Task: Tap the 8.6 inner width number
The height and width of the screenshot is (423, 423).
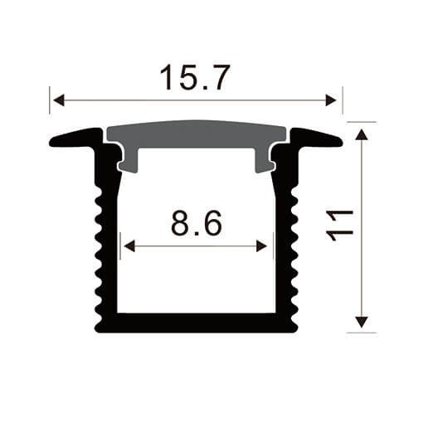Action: point(197,223)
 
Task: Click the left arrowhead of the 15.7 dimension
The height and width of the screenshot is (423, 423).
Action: point(57,101)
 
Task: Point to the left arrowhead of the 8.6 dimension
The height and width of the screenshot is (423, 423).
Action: point(127,246)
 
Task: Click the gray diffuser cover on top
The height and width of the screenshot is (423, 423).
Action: point(197,135)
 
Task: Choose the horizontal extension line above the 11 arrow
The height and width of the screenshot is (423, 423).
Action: point(361,122)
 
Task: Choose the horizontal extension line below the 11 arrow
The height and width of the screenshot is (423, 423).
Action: point(361,333)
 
